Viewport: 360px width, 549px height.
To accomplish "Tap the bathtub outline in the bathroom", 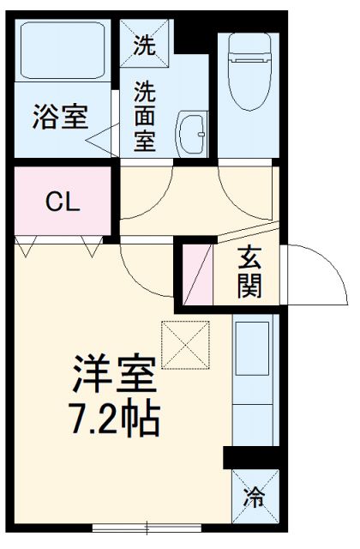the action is coord(63,51).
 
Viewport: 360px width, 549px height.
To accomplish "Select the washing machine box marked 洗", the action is coord(145,43).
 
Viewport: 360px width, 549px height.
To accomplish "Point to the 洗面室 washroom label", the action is coord(145,117).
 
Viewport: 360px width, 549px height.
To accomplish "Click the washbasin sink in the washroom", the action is coord(191,134).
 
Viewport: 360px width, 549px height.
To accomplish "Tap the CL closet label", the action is coord(63,202).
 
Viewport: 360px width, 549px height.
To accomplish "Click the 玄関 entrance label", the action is coord(249,272).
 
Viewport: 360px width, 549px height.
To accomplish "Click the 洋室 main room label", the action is coord(114,374).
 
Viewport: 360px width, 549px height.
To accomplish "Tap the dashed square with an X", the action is coord(185,345).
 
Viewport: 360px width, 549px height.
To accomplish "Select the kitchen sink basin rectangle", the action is coord(252,349).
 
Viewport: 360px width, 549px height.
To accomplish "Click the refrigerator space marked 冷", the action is coord(255,496).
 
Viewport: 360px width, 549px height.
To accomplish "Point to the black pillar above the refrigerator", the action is coord(251,457).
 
